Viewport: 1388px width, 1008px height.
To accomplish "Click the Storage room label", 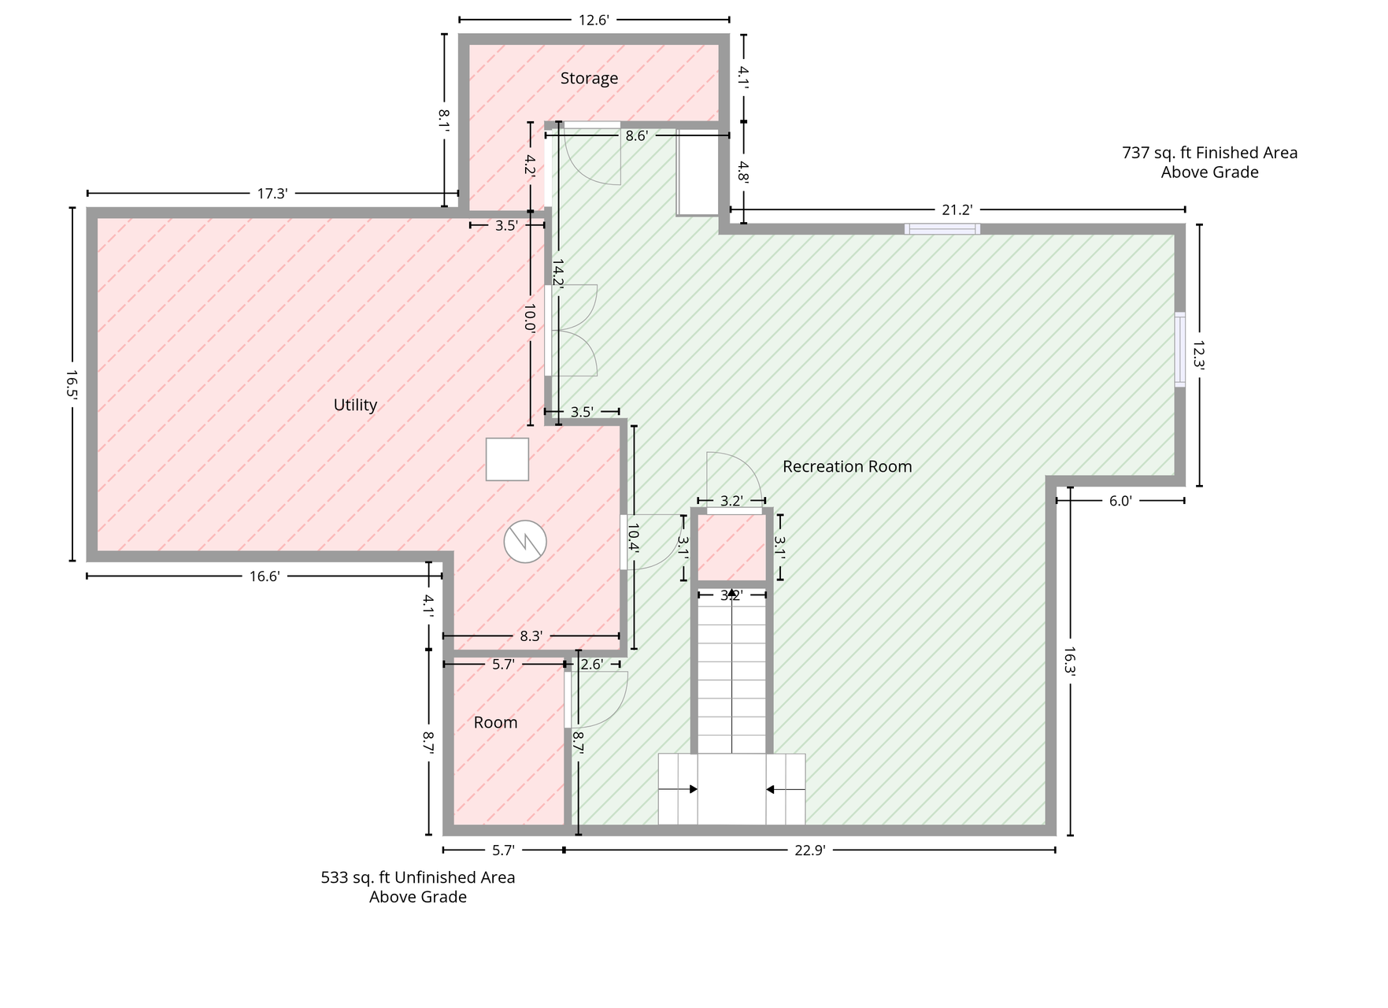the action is point(589,78).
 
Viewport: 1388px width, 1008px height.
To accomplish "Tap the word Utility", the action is point(355,405).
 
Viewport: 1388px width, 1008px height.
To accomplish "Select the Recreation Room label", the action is point(847,466).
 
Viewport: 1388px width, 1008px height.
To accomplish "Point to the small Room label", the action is point(495,722).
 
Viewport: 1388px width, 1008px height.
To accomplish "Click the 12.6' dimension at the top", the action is point(594,20).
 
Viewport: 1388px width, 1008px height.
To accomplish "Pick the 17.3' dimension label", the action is point(272,194).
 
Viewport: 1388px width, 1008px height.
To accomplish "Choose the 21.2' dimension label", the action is point(957,209).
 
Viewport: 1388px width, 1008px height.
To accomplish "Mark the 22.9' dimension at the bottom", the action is point(809,850).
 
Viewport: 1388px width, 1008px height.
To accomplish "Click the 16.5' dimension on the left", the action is point(72,385).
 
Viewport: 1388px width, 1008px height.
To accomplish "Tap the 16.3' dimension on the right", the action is point(1070,661).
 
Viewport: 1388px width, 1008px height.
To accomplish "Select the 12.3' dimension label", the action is point(1199,354).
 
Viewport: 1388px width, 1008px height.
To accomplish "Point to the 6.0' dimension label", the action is point(1120,501).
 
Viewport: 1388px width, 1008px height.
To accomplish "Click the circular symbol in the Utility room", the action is point(525,542).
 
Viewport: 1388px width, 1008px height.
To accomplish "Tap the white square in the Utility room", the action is point(507,459).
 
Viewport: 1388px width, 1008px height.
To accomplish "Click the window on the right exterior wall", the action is point(1179,350).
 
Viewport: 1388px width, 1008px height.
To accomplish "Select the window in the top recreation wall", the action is point(942,229).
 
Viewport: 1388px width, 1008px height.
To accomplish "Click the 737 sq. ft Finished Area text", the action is point(1210,153).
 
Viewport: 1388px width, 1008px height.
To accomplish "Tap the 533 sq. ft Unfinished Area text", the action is point(418,877).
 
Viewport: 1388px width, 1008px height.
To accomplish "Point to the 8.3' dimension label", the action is point(531,636).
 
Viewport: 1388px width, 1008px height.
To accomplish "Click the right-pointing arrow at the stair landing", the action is point(678,789).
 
